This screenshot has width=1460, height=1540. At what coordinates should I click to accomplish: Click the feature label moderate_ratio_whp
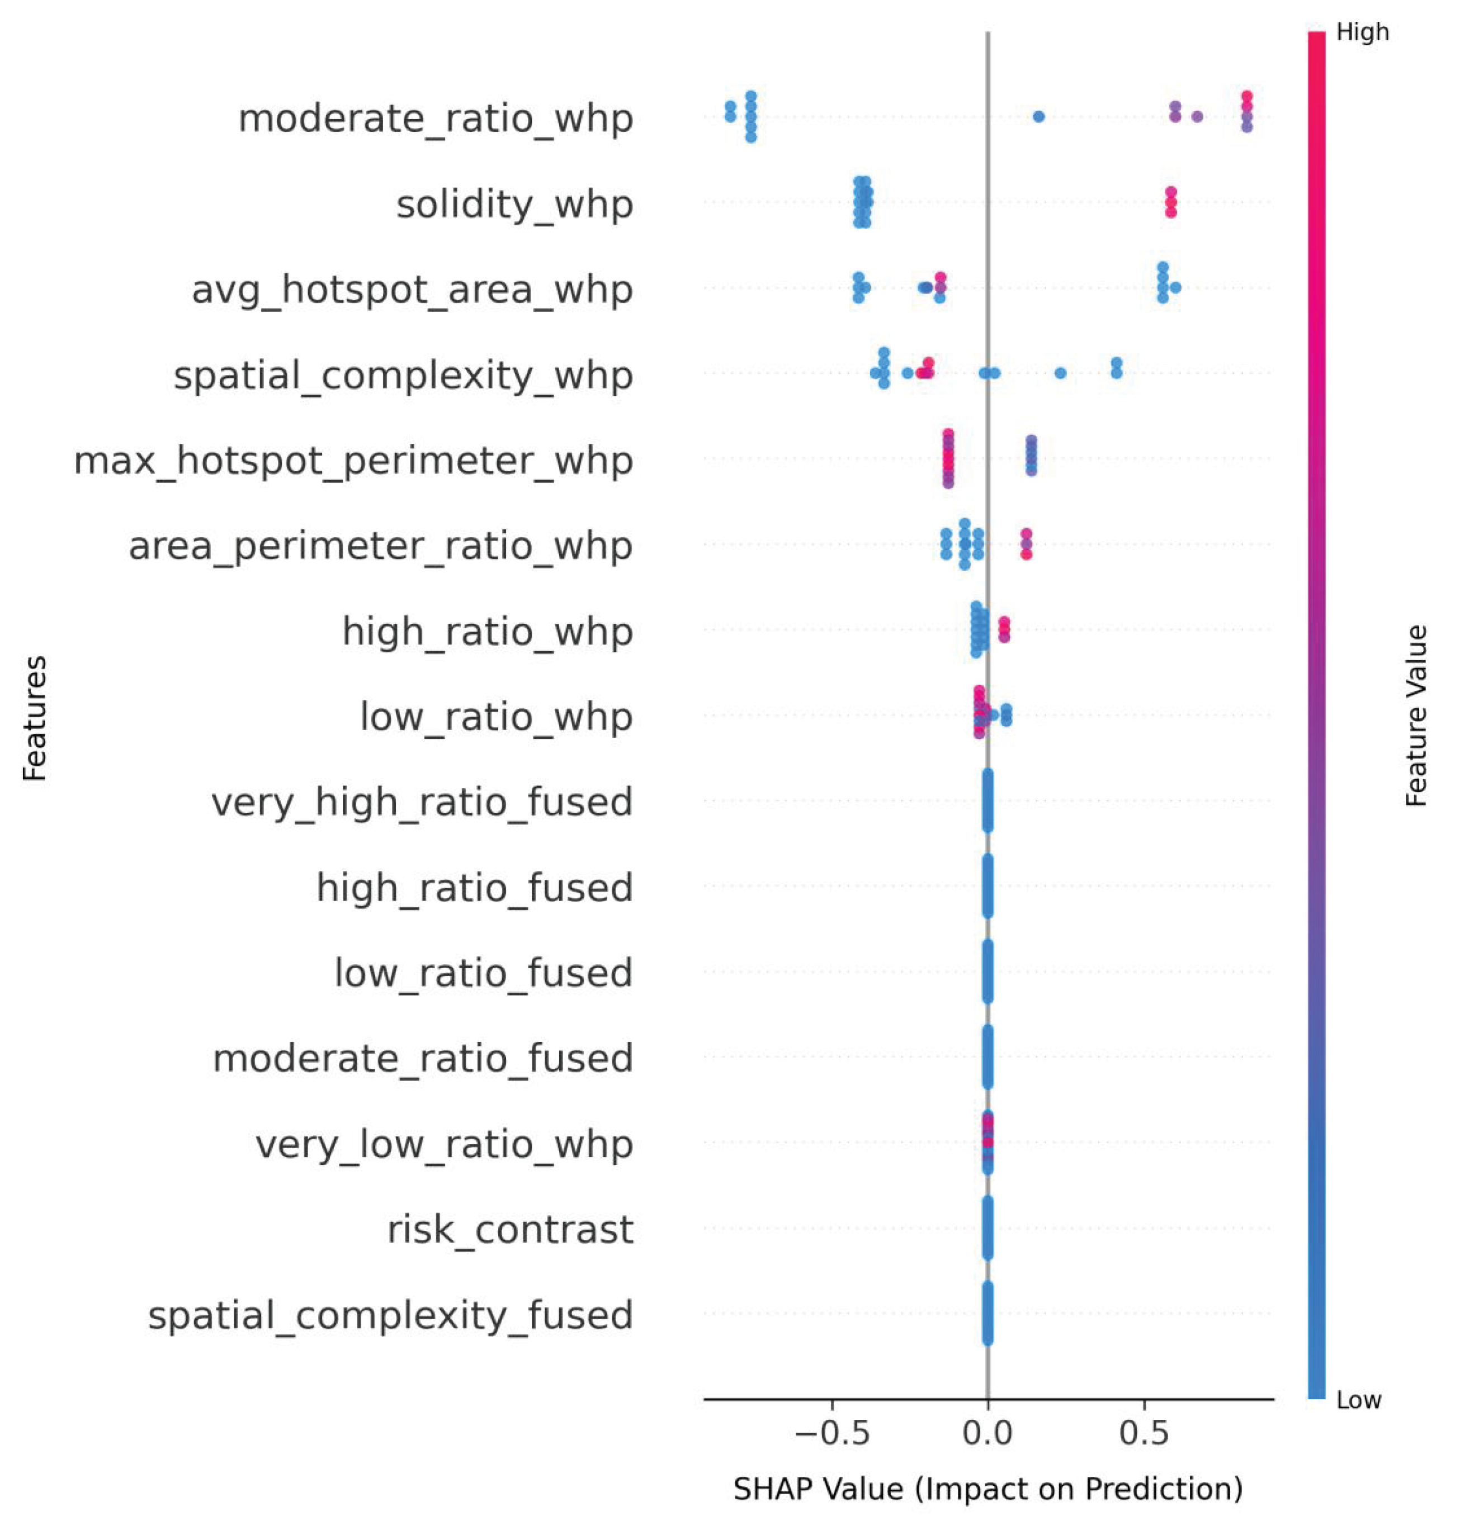(435, 119)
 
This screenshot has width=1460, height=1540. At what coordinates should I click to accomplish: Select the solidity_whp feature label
(514, 205)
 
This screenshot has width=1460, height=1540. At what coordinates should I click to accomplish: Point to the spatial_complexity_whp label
(403, 376)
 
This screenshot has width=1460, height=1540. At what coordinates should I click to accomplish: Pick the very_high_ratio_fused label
(421, 802)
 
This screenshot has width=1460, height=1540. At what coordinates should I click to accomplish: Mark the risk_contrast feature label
(510, 1230)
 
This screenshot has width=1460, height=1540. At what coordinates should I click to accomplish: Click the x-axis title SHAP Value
(987, 1489)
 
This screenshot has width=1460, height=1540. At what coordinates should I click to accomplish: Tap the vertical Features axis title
(34, 718)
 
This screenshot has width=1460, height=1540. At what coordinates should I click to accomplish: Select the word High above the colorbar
(1362, 32)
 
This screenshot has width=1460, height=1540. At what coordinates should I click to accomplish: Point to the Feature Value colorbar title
(1416, 716)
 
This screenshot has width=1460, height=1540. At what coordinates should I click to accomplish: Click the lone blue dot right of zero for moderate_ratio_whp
(1038, 117)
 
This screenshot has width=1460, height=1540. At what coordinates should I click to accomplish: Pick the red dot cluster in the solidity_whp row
(1170, 202)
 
